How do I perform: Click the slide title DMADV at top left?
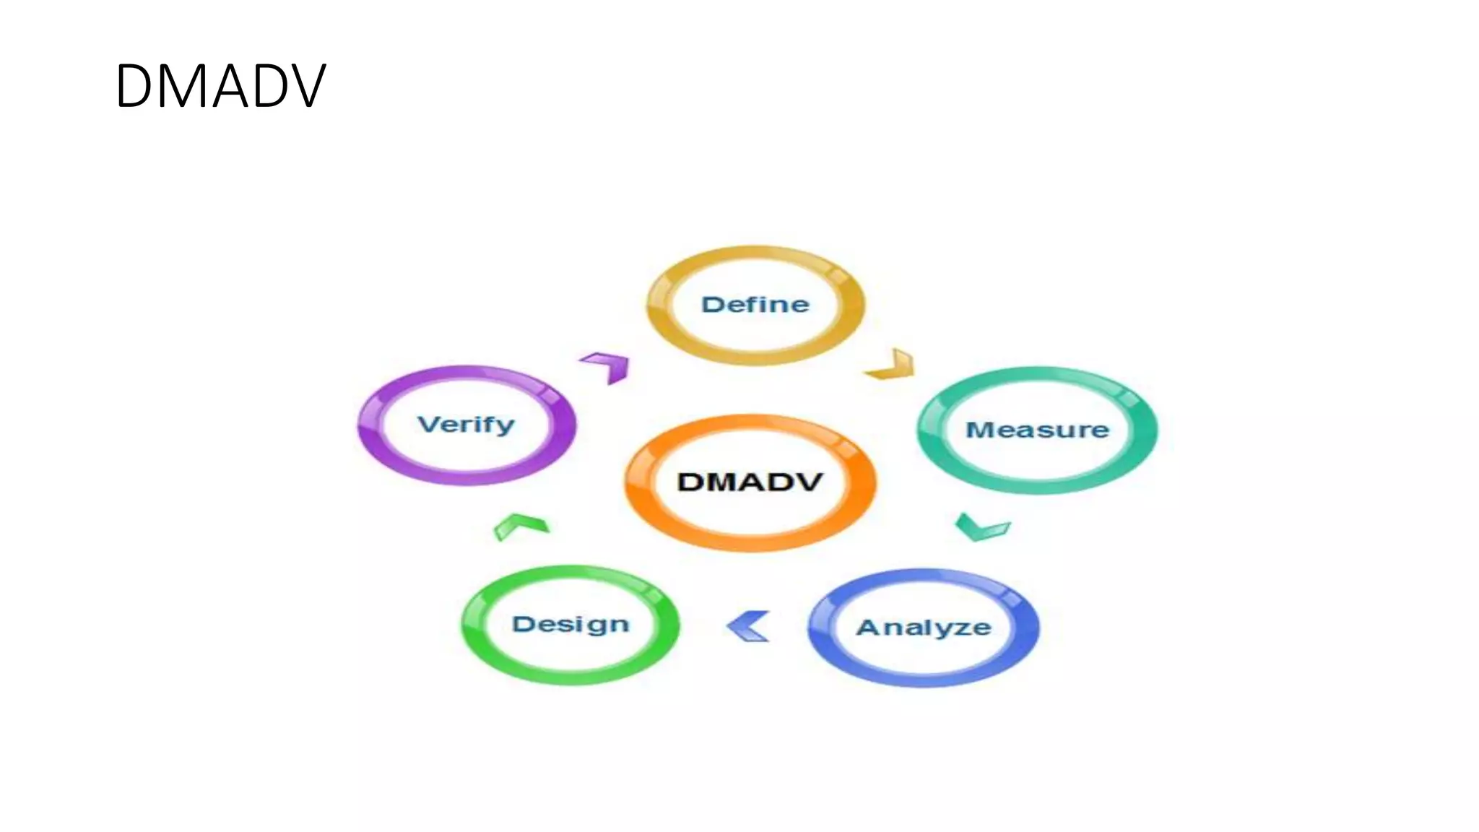point(220,86)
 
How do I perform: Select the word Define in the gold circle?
point(755,304)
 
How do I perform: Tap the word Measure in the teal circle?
point(1037,430)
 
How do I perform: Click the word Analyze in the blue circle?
point(924,627)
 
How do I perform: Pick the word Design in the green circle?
point(571,624)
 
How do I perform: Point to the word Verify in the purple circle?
point(467,424)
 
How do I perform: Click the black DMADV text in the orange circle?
point(750,482)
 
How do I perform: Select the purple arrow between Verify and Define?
point(608,365)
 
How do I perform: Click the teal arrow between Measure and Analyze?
point(981,527)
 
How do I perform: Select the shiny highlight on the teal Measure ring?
point(1129,396)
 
